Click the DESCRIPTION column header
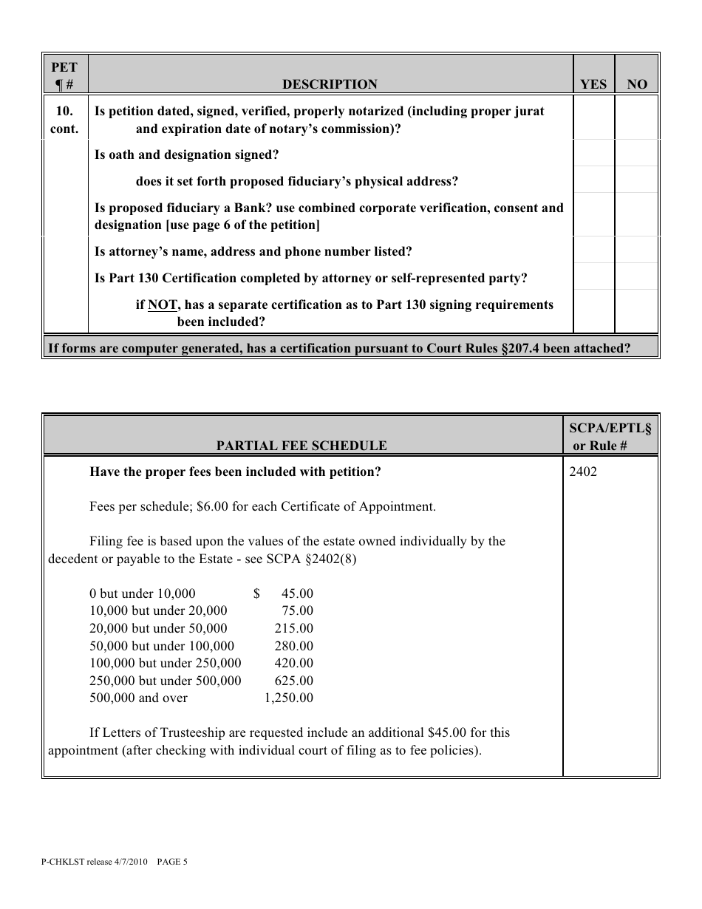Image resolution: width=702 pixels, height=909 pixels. click(330, 84)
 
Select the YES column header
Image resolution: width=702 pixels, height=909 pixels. click(593, 84)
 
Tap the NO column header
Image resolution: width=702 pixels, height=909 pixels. click(636, 84)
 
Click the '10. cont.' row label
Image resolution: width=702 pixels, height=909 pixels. click(65, 119)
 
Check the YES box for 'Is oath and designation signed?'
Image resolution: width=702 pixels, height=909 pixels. click(593, 155)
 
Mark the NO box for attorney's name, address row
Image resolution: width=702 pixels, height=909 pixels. click(636, 251)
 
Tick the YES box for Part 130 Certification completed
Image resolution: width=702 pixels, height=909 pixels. click(593, 278)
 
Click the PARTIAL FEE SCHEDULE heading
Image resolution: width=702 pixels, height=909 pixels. click(301, 446)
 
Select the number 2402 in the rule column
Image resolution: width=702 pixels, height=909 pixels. click(583, 472)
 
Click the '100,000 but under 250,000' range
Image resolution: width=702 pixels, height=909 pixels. click(165, 663)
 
